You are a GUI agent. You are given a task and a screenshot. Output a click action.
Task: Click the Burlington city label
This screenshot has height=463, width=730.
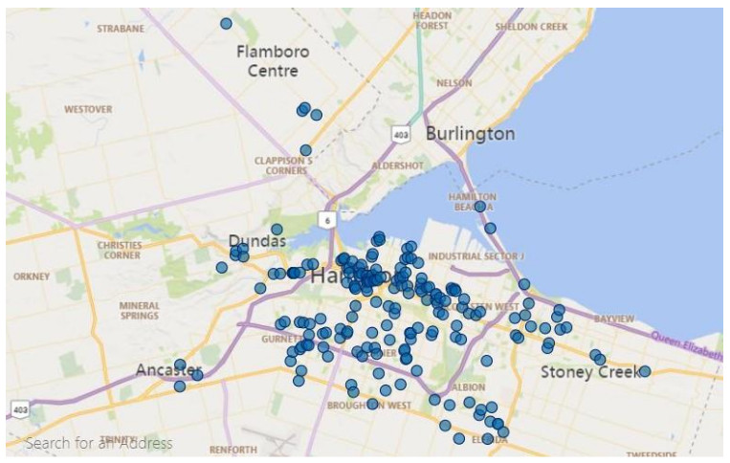pos(470,134)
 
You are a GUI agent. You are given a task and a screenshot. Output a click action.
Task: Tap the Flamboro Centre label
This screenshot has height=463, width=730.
pos(273,60)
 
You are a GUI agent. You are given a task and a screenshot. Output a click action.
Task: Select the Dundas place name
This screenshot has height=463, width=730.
pos(256,241)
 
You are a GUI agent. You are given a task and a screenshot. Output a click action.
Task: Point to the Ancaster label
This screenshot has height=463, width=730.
pos(168,369)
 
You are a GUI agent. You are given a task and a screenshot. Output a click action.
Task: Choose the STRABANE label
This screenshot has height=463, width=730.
pos(121,29)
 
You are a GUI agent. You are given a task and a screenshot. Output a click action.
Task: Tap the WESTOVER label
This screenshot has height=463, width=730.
pos(88,109)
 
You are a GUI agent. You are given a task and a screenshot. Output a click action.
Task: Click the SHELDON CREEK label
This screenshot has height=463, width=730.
pos(531,27)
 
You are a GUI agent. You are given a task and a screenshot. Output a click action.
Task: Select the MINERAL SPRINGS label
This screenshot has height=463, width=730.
pos(140,312)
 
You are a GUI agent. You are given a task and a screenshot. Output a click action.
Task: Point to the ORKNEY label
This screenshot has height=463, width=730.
pos(31,276)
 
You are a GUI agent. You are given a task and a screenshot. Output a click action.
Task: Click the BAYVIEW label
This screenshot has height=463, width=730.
pos(613,318)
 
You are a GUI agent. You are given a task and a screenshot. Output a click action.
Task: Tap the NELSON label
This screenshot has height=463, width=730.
pos(453,83)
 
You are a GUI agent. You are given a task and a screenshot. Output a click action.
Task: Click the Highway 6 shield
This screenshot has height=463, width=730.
pos(328,219)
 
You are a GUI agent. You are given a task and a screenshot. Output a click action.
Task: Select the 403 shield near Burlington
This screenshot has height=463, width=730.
pos(401,135)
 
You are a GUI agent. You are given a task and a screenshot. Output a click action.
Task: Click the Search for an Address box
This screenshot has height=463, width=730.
pos(100,443)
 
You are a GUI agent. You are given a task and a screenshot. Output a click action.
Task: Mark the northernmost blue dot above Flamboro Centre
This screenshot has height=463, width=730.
pos(226,23)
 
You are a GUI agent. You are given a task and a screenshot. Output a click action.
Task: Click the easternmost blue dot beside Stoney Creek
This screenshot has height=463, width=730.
pos(645,371)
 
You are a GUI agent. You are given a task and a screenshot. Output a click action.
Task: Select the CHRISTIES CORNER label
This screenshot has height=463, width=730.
pos(120,250)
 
